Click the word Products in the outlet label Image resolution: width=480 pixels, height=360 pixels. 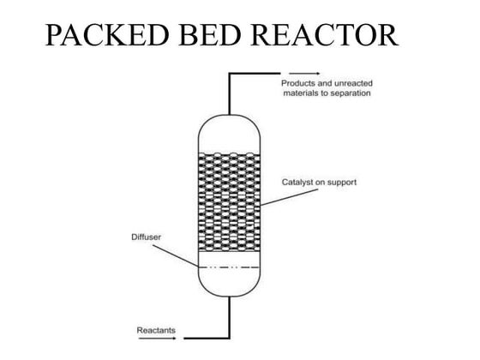click(x=298, y=83)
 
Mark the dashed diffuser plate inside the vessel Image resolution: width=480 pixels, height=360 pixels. click(x=229, y=267)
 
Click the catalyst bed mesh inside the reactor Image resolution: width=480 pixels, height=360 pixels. click(x=229, y=201)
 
